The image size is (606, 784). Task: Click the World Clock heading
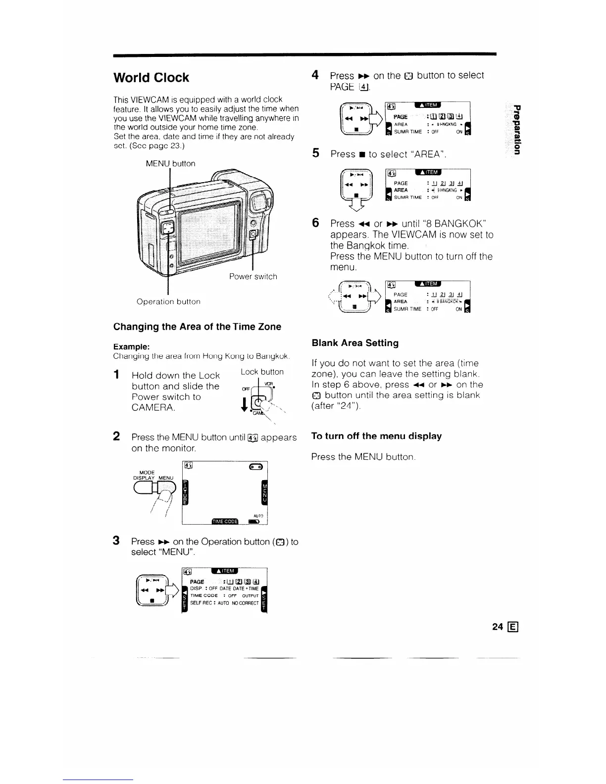coord(151,78)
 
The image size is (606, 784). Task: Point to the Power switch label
coord(253,276)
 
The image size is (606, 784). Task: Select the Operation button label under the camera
coord(168,301)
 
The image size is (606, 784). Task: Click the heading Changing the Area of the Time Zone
coord(197,327)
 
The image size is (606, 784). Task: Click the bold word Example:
coord(130,346)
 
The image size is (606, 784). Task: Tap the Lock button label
coord(261,372)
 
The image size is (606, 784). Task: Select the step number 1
coord(117,375)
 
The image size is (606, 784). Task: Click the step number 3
coord(116,540)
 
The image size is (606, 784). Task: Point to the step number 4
coord(315,75)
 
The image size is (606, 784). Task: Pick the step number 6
coord(315,223)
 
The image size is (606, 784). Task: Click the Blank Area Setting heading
coord(355,343)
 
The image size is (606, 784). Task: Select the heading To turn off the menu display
coord(376,436)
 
